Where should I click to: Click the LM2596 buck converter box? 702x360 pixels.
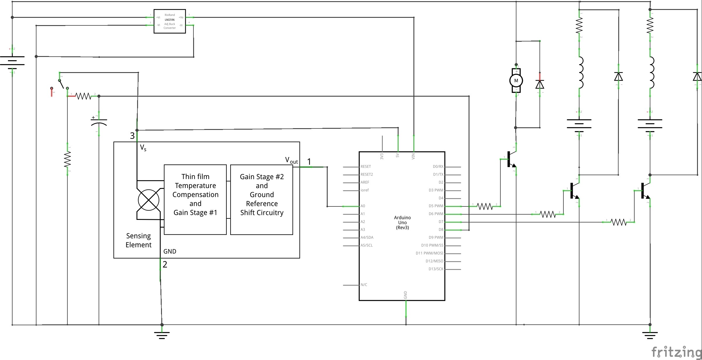click(x=170, y=21)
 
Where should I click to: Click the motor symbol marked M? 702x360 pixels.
click(x=516, y=81)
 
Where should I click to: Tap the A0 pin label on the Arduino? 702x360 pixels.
click(x=363, y=206)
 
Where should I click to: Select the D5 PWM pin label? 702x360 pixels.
click(x=436, y=206)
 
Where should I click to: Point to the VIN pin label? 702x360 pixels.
click(x=413, y=156)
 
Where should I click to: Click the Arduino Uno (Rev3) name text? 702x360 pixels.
click(x=402, y=222)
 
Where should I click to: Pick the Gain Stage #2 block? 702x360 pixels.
click(x=262, y=195)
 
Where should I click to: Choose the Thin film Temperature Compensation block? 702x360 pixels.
click(x=195, y=195)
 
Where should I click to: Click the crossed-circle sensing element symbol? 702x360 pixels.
click(x=149, y=200)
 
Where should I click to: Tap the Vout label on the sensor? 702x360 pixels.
click(x=291, y=160)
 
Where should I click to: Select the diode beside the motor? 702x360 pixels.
click(x=539, y=84)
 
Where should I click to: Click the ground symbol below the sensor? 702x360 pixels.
click(x=162, y=335)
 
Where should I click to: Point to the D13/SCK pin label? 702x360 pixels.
click(x=436, y=269)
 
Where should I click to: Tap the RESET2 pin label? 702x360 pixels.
click(x=367, y=175)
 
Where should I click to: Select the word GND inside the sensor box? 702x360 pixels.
click(x=170, y=251)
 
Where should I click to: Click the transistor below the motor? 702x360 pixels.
click(x=511, y=159)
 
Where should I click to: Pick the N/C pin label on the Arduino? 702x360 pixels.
click(x=364, y=285)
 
